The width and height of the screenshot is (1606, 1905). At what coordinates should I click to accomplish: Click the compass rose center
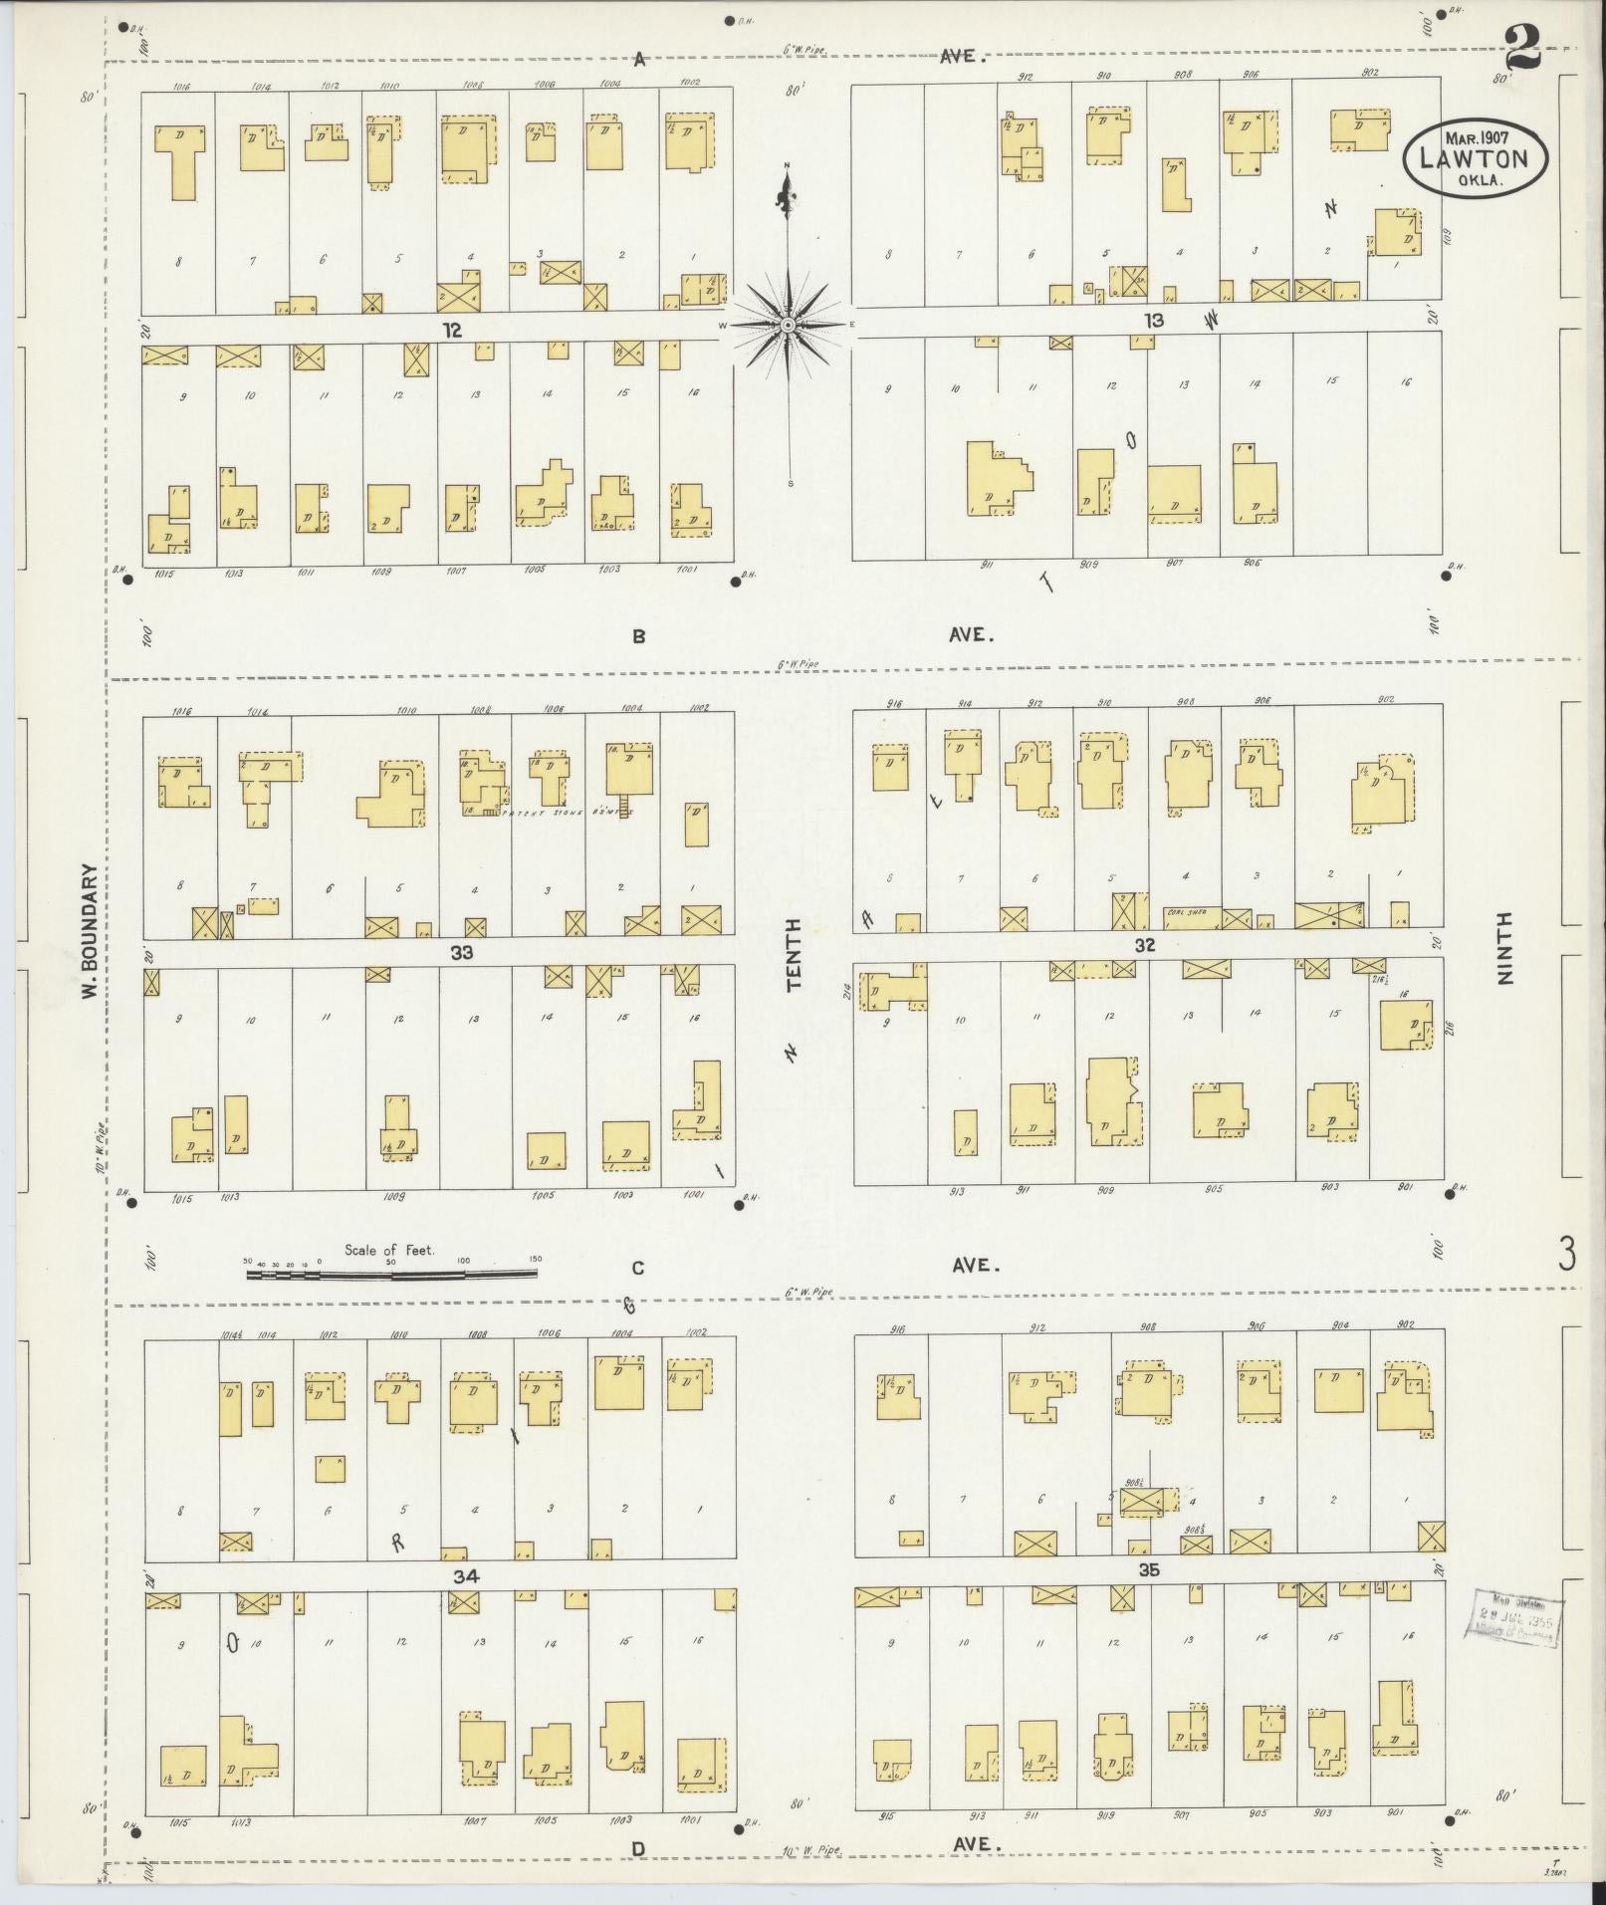click(x=788, y=325)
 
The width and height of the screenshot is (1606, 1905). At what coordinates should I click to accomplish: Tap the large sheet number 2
click(x=1522, y=47)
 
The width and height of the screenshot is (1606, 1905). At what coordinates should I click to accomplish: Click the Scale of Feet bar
click(x=391, y=1273)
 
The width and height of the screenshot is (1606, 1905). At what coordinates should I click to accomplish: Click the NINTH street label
click(x=1503, y=948)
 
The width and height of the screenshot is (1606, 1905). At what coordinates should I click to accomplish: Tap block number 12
click(x=453, y=331)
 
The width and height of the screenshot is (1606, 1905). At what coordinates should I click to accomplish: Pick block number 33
click(x=461, y=952)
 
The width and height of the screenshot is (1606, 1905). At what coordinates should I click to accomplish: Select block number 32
click(x=1145, y=944)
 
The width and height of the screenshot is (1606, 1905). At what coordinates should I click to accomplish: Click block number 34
click(x=465, y=1576)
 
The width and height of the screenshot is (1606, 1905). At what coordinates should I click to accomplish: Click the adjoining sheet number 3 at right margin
click(x=1567, y=1255)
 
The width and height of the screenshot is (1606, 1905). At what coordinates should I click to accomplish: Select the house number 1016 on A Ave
click(x=181, y=87)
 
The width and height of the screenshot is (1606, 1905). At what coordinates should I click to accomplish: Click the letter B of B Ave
click(x=638, y=636)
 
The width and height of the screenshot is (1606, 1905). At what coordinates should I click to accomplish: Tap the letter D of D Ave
click(x=637, y=1849)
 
